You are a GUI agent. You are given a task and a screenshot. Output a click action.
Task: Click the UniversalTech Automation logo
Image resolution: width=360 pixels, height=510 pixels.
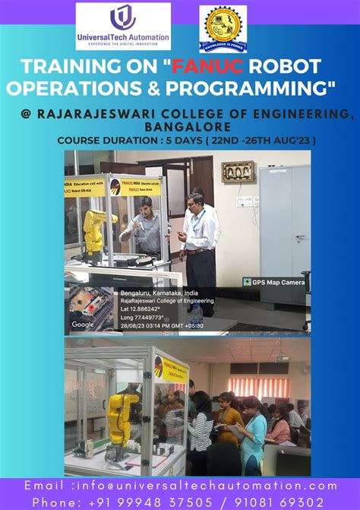[123, 27]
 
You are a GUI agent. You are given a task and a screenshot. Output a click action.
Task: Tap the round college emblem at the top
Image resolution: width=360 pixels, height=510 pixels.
[223, 29]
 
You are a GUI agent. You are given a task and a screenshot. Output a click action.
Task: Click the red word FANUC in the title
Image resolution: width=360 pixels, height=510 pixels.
[208, 66]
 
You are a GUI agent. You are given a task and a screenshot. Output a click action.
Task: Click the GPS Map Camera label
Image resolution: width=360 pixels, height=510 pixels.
[274, 282]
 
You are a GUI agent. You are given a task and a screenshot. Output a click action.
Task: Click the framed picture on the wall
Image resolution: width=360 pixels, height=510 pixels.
[237, 172]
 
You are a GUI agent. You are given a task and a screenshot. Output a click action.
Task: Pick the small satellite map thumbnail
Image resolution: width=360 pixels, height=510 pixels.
[90, 307]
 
